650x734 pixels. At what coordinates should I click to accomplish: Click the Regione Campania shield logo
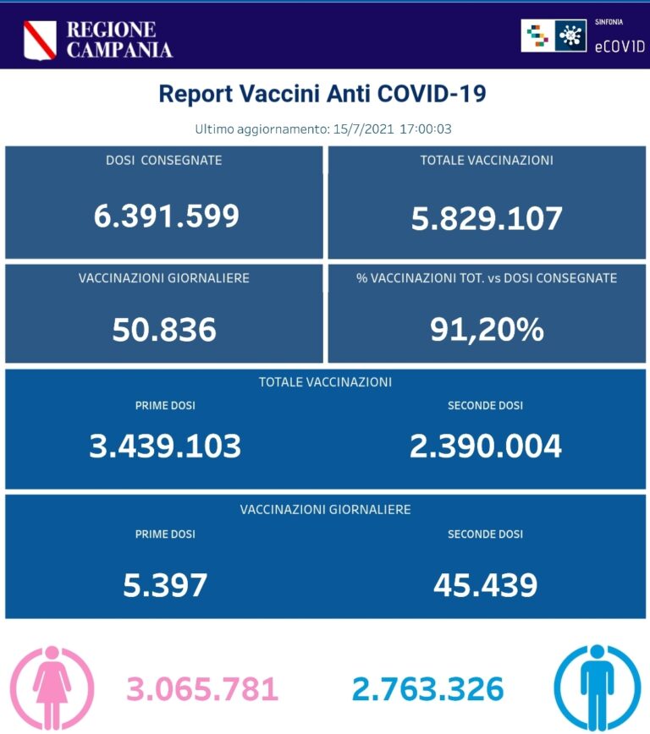pos(40,39)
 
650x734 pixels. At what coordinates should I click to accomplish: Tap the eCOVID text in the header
pos(620,46)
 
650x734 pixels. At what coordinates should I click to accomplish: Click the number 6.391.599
pos(166,216)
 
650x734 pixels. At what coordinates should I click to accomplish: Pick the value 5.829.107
pos(487,218)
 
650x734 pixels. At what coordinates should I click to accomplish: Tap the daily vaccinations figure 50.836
pos(164,330)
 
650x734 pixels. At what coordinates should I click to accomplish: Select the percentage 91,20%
pos(486,330)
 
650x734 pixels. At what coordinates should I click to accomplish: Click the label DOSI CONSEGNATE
pos(164,160)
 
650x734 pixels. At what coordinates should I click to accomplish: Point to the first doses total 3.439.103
pos(165,446)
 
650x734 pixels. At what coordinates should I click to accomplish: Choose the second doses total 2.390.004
pos(485,446)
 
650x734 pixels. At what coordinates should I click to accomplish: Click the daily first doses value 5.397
pos(165,584)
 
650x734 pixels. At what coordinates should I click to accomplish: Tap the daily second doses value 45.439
pos(485,584)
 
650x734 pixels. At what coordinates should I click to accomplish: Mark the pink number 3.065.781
pos(202,690)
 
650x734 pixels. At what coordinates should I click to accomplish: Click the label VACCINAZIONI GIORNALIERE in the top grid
pos(164,277)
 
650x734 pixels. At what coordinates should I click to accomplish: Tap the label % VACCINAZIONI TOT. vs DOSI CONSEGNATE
pos(487,277)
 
